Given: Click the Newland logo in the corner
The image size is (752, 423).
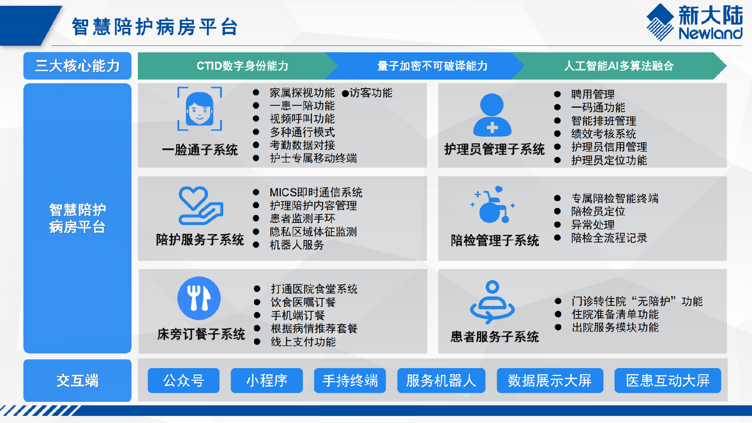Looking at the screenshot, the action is click(x=694, y=22).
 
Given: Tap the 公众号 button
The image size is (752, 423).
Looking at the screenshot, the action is click(x=183, y=380).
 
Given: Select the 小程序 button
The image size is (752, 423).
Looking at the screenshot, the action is click(x=267, y=380).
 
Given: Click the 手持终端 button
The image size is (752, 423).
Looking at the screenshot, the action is click(x=350, y=380).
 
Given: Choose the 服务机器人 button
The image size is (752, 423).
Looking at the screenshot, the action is click(x=441, y=380).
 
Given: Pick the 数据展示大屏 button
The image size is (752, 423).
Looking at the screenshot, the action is click(x=550, y=380).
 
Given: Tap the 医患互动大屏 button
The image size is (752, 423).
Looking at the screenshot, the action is click(x=668, y=380).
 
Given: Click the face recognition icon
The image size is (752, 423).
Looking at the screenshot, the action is click(x=200, y=109).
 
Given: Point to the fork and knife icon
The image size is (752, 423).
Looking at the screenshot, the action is click(x=199, y=298).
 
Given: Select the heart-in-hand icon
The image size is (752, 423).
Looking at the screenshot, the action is click(x=201, y=205).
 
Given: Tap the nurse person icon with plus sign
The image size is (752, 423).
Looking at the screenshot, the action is click(x=492, y=115).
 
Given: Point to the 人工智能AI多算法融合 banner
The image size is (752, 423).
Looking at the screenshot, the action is click(x=619, y=66).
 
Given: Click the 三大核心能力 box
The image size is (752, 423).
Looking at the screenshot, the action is click(x=78, y=66).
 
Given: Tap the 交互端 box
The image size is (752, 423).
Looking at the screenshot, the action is click(x=78, y=380).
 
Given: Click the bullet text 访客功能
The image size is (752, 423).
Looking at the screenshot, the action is click(x=371, y=93).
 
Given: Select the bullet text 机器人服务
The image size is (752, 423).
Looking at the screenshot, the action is click(x=297, y=245).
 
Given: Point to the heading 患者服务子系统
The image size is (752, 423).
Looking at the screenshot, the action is click(x=495, y=336).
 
